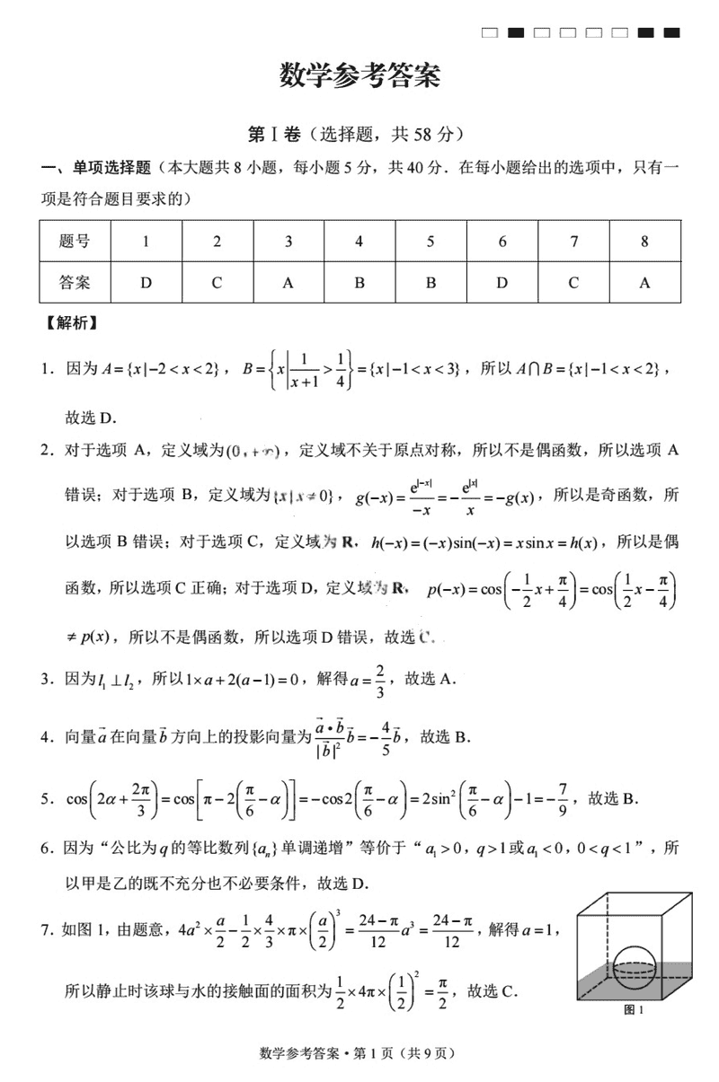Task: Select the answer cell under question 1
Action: pos(146,283)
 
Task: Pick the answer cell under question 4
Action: pos(359,283)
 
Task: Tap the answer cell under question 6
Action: pos(502,283)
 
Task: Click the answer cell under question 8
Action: pos(644,283)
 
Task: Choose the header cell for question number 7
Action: pos(573,241)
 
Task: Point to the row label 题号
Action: pos(75,241)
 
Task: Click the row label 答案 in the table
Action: pos(75,283)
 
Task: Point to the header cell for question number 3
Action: pos(288,241)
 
